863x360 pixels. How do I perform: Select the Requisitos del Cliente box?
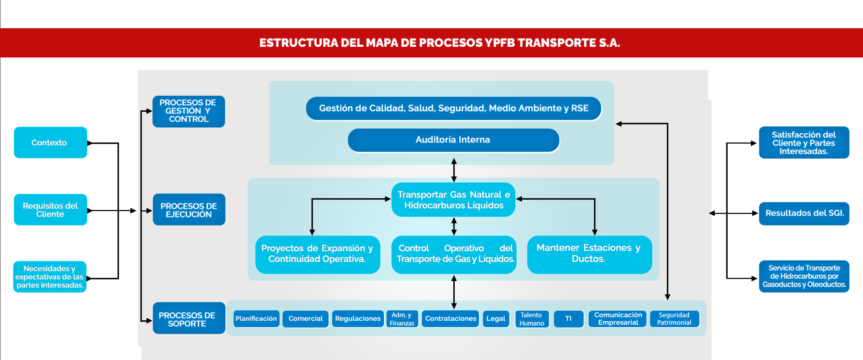pos(50,210)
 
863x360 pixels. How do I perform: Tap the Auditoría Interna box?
pos(453,140)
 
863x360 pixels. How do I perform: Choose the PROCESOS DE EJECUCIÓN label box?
pos(189,210)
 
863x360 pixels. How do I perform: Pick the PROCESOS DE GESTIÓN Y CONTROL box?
pos(188,111)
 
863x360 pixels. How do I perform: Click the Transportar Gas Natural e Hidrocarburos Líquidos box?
pos(453,200)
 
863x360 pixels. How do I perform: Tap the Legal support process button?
pos(496,319)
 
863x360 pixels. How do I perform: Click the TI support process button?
pos(568,319)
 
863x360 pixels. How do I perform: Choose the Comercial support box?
pos(306,319)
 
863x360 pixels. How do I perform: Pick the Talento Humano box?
pos(532,319)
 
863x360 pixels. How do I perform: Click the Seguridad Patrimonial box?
pos(674,319)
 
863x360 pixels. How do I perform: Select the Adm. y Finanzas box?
pos(402,319)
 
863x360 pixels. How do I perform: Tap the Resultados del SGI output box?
pos(804,213)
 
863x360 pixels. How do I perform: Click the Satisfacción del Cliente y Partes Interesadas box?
pos(804,142)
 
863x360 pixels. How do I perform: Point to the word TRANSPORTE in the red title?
pos(556,43)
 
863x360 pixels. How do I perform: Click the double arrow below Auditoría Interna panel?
pos(454,170)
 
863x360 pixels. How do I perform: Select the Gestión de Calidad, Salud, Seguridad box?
pos(453,108)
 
